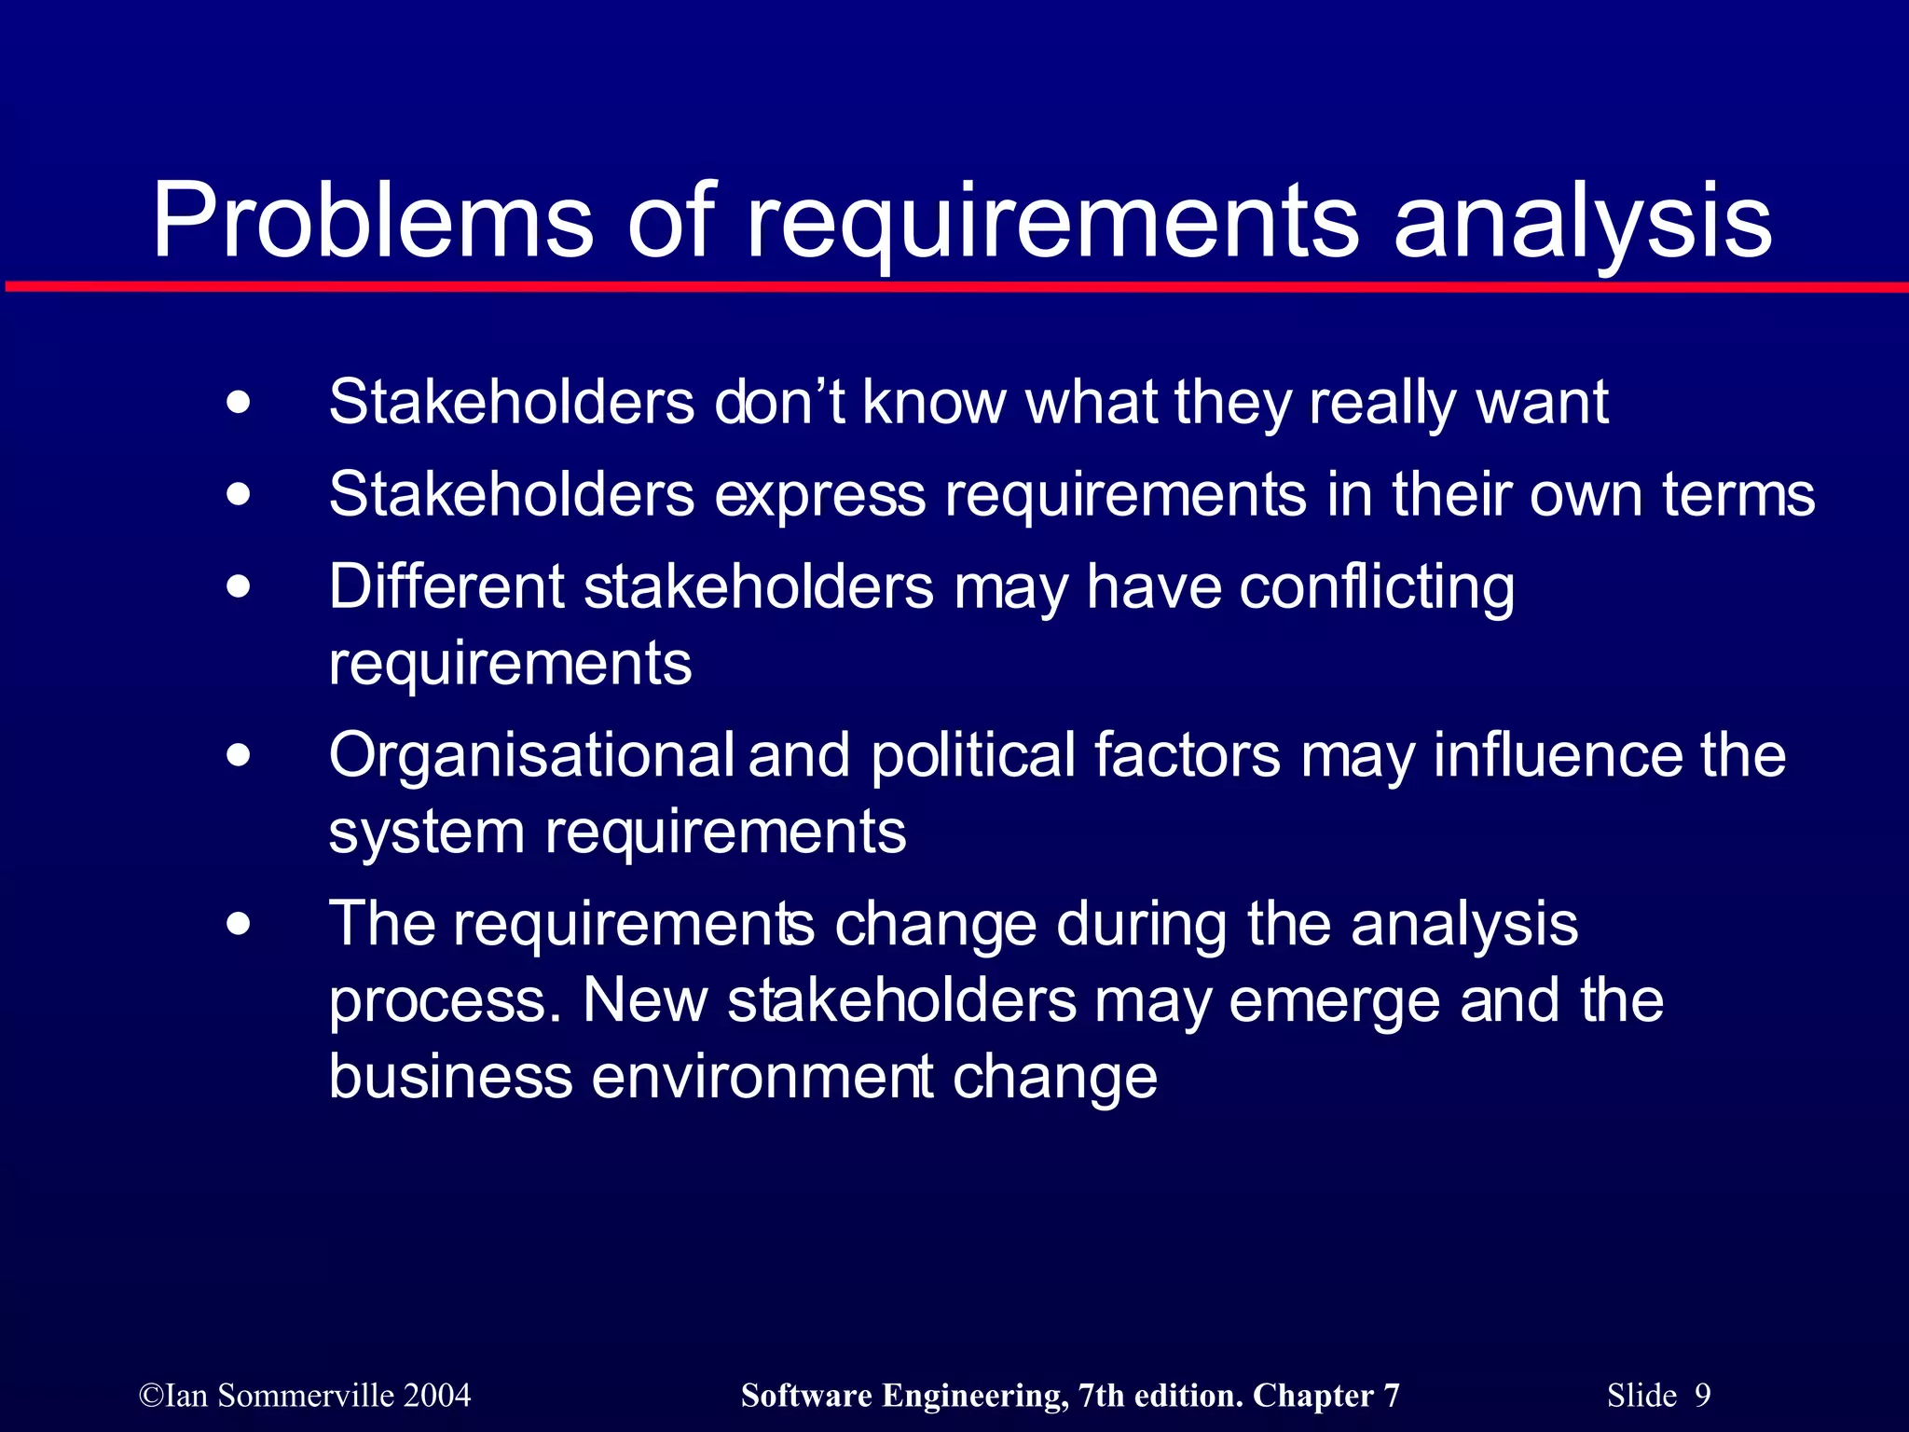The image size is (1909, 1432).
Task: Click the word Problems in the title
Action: (372, 222)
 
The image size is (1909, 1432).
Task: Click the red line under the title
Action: (954, 286)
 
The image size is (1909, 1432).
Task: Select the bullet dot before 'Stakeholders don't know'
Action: (239, 404)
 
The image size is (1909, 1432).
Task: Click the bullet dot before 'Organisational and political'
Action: (239, 755)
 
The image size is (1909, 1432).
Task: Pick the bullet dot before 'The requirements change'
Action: (239, 925)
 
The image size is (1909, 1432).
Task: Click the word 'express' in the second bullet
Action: (820, 496)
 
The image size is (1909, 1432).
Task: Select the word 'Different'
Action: (446, 587)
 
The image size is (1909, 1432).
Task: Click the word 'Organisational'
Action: (531, 757)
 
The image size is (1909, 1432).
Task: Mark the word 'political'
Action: (973, 757)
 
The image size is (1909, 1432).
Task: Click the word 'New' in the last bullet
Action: (645, 1001)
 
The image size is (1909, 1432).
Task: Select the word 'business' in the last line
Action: (450, 1077)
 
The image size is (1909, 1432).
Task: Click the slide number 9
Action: (1702, 1396)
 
